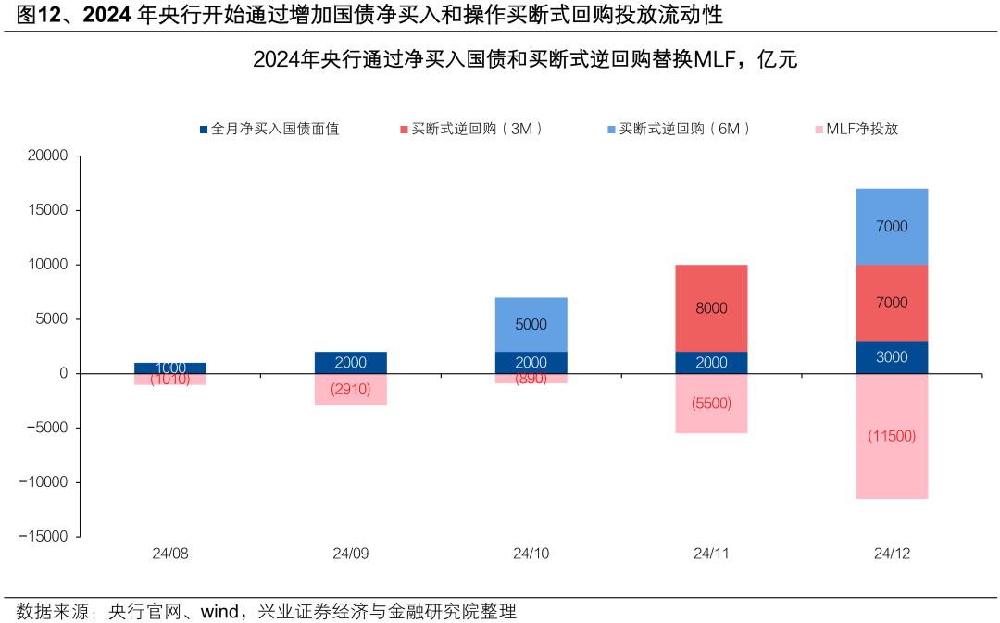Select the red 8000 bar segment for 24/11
tap(711, 308)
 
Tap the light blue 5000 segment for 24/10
tap(531, 324)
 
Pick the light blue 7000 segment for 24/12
tap(892, 226)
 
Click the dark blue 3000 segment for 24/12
tap(892, 357)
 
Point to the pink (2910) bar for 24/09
tap(351, 390)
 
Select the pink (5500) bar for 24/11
tap(711, 404)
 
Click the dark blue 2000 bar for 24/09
tap(351, 362)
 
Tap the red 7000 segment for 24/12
tap(892, 303)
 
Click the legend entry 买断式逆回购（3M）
tap(477, 129)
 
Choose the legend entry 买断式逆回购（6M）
tap(684, 129)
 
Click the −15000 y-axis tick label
tap(44, 536)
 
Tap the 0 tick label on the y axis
tap(64, 373)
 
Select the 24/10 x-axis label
tap(531, 554)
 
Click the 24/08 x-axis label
tap(170, 554)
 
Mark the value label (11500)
tap(892, 436)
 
